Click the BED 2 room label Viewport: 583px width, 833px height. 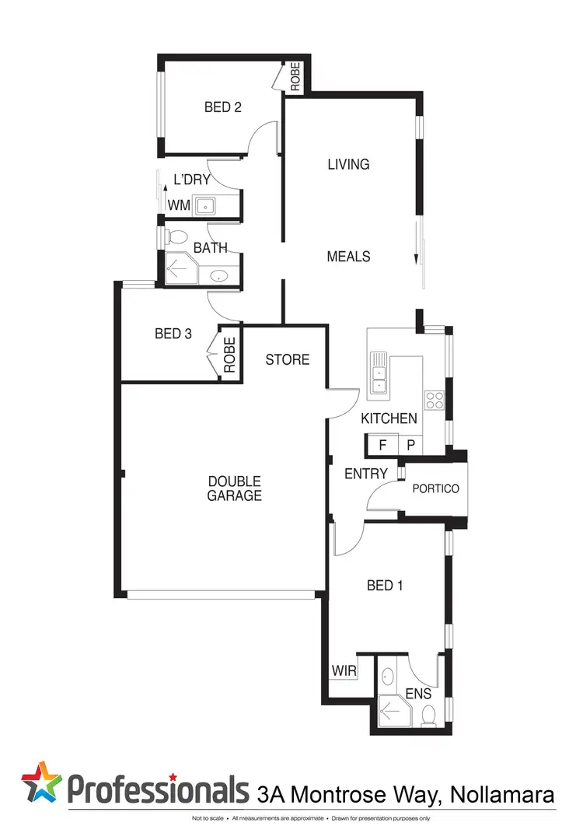[222, 107]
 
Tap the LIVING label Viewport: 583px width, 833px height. [347, 164]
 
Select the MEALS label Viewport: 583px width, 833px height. [348, 256]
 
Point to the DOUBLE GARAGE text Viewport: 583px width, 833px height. [234, 488]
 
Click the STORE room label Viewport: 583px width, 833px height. [287, 359]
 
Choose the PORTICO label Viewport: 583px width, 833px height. [435, 488]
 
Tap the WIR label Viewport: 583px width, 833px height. [344, 670]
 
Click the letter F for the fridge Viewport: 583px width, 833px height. [382, 446]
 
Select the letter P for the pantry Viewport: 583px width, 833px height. [410, 446]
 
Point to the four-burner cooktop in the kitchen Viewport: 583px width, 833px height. [434, 400]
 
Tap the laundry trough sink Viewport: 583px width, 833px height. [205, 206]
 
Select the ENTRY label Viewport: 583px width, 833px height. [365, 474]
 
